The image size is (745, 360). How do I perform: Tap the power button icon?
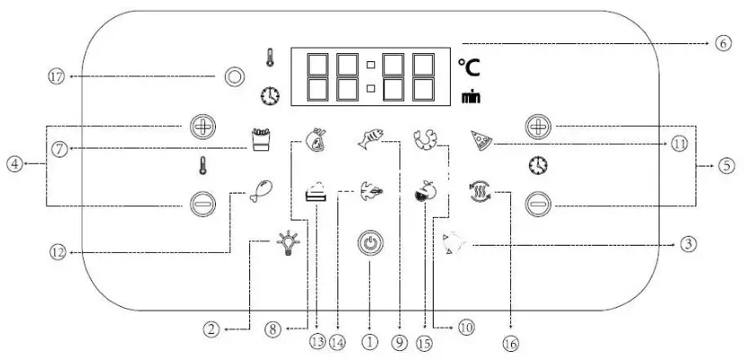(370, 245)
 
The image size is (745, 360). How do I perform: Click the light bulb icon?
(288, 243)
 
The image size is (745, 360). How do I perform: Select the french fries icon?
(260, 138)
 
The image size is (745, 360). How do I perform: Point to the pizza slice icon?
(480, 140)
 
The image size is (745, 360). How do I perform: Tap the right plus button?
(537, 126)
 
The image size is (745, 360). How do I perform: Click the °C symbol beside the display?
(468, 67)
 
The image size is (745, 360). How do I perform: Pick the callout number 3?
(687, 243)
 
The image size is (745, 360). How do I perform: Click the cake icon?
(316, 193)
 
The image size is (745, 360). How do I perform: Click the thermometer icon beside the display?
(270, 58)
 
